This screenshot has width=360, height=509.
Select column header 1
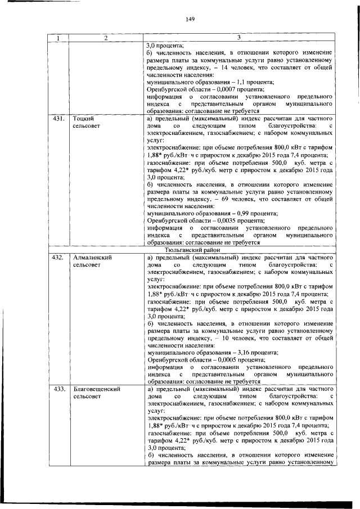coord(57,38)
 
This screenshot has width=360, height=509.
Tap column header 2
coord(105,38)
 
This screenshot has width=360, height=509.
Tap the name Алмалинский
coord(93,258)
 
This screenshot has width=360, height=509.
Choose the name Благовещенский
coord(98,389)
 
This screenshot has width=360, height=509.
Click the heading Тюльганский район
coord(193,250)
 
